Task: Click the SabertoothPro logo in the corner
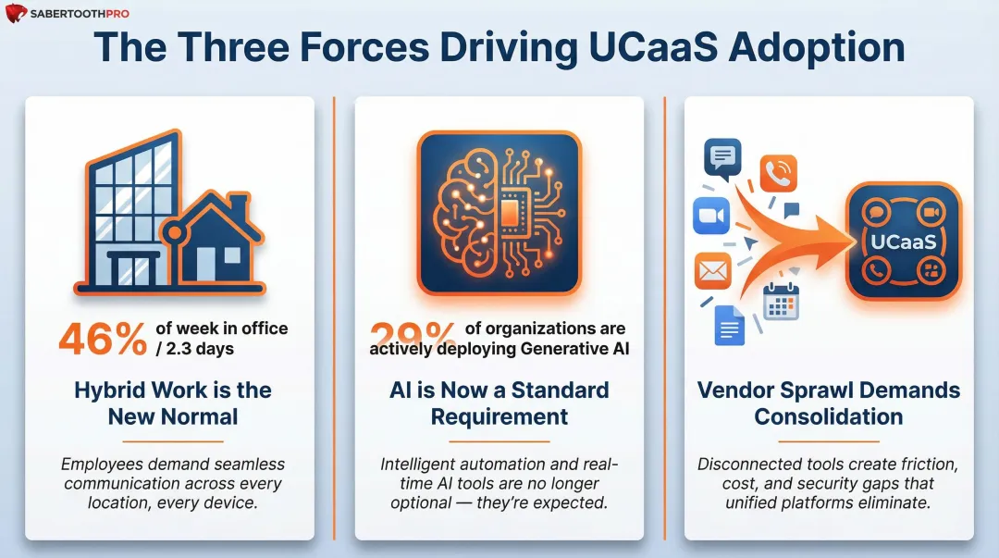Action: click(x=67, y=14)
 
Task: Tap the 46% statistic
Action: click(x=102, y=339)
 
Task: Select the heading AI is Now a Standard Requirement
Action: click(x=499, y=403)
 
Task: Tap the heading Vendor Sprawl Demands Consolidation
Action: click(x=829, y=403)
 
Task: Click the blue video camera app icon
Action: click(x=711, y=216)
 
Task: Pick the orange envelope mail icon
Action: click(x=713, y=270)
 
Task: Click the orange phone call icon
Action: click(x=778, y=173)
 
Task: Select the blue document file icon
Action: click(x=729, y=325)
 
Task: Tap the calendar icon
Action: click(x=781, y=302)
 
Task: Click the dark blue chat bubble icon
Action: click(x=721, y=157)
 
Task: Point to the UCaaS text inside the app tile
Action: click(x=904, y=242)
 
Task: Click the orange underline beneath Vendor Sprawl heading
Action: click(x=829, y=441)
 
